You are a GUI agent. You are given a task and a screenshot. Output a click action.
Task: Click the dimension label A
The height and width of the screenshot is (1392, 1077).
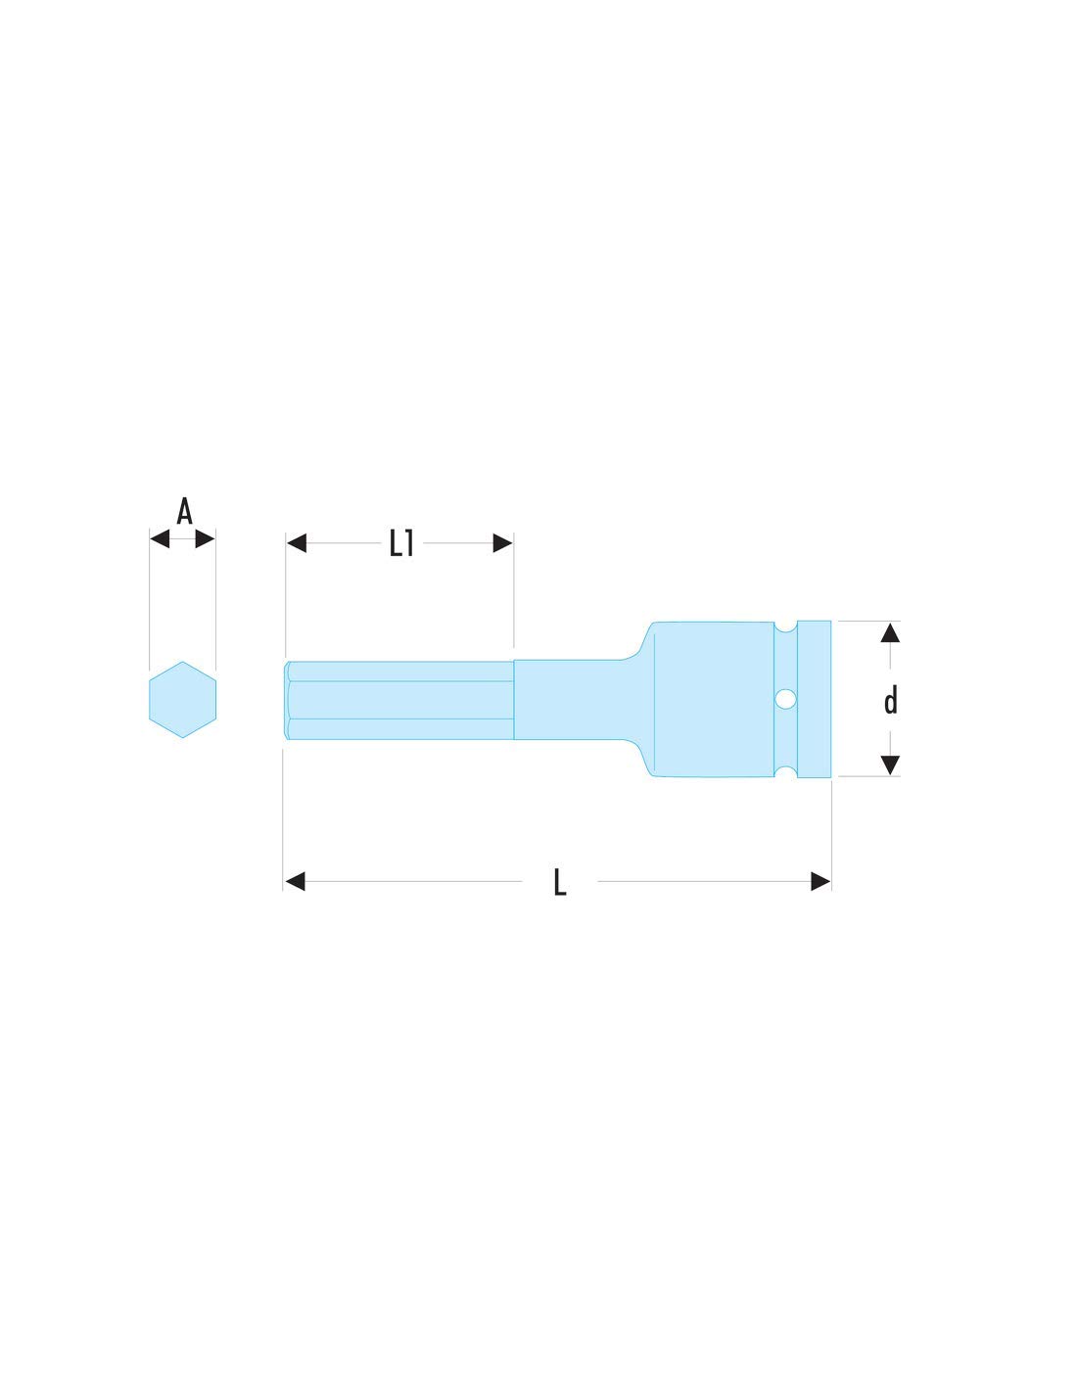coord(184,511)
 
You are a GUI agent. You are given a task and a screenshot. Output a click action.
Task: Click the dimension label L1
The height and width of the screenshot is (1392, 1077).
coord(401,543)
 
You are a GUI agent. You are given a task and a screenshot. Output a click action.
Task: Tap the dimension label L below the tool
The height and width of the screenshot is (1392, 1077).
coord(559,882)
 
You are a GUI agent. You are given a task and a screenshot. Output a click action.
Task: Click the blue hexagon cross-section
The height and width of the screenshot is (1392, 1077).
coord(182,700)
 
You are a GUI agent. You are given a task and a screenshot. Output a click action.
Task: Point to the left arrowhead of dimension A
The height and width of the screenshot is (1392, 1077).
coord(160,538)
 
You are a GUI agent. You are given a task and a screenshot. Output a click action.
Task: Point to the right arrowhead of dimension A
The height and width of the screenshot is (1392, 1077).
coord(205,538)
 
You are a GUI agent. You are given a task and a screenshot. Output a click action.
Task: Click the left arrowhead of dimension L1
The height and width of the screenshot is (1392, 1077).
coord(297,543)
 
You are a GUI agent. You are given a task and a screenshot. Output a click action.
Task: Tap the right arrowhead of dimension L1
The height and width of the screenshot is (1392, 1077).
coord(503,543)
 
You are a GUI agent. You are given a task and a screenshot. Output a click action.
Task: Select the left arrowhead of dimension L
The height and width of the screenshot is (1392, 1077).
coord(295,881)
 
